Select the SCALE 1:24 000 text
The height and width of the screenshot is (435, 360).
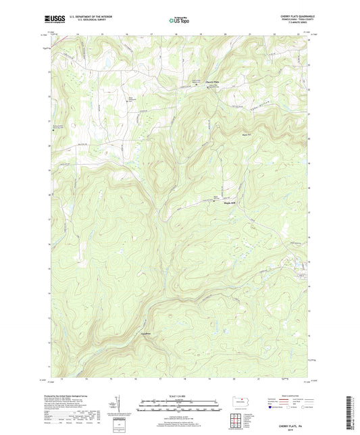coord(180,396)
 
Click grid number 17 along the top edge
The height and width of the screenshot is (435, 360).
coord(153,32)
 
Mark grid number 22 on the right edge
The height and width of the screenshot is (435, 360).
coord(309,89)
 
